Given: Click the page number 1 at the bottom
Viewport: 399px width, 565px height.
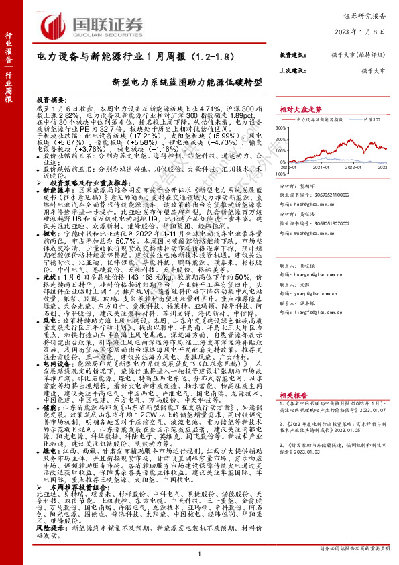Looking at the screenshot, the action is (x=200, y=552).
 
